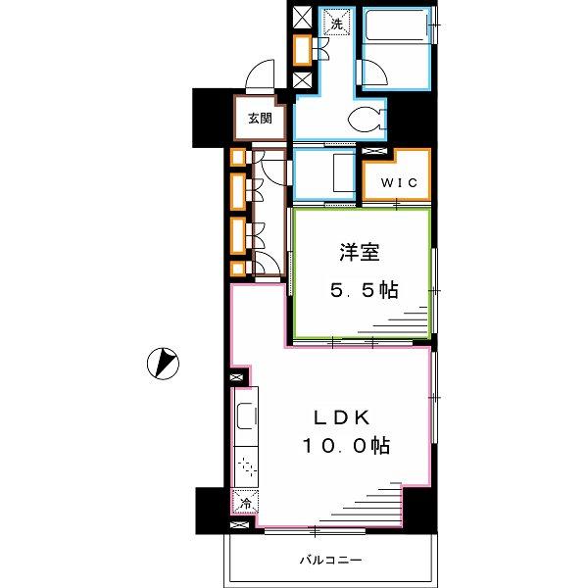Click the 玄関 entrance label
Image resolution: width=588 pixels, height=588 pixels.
click(260, 119)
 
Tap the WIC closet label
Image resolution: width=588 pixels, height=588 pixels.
click(399, 182)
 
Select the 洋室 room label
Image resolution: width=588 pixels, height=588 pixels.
click(360, 252)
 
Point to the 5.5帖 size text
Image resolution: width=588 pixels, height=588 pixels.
click(364, 290)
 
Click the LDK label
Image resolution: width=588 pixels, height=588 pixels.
click(342, 417)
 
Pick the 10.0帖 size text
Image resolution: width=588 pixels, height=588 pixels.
click(346, 446)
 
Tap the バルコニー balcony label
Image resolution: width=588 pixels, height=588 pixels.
click(331, 561)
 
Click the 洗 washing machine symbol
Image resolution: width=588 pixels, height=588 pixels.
click(337, 24)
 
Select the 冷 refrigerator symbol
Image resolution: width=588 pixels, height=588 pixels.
click(245, 502)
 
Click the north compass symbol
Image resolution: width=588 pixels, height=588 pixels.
click(163, 363)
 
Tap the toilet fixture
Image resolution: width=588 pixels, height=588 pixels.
click(367, 120)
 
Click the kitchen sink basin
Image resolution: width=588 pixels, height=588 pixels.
click(246, 416)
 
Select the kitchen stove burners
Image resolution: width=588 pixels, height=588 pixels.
click(246, 467)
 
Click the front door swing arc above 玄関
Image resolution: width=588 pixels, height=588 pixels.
click(260, 74)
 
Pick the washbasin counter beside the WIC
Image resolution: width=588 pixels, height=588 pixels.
click(344, 173)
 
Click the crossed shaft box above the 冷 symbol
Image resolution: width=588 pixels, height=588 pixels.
click(236, 377)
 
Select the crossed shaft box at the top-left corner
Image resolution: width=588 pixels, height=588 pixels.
click(302, 18)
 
